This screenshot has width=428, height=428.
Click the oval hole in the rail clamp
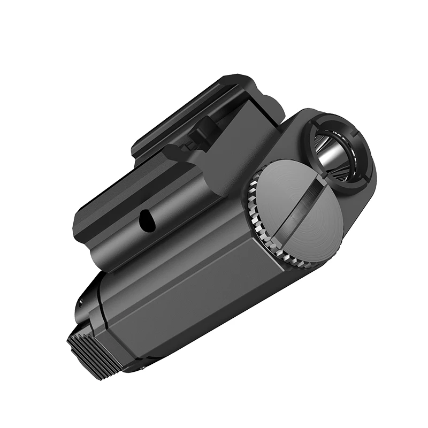(146, 219)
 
